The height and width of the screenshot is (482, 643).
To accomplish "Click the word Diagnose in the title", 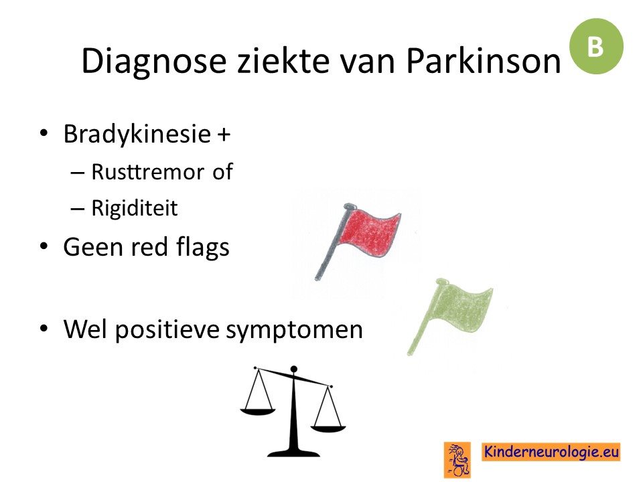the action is tap(154, 62).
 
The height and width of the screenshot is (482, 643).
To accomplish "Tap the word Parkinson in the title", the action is tap(483, 60).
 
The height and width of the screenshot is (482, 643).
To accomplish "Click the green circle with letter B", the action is tap(596, 46).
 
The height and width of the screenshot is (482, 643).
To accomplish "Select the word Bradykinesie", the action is tap(137, 134).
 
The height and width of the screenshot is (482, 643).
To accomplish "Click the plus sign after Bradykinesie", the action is tap(224, 135).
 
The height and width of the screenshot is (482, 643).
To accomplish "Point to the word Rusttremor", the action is tap(147, 172).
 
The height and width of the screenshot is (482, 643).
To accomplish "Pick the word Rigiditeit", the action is tap(135, 208).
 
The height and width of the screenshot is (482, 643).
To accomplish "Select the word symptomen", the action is tap(295, 330).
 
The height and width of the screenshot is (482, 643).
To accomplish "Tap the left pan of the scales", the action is tap(257, 411).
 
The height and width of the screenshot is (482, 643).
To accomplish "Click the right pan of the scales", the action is tap(328, 429).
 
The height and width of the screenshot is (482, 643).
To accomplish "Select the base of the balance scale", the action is tap(293, 453).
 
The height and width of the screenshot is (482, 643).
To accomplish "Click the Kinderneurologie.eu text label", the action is tap(551, 452).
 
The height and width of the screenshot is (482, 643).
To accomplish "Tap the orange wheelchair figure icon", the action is tap(457, 459).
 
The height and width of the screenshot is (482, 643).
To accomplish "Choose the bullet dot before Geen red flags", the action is tap(44, 246).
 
